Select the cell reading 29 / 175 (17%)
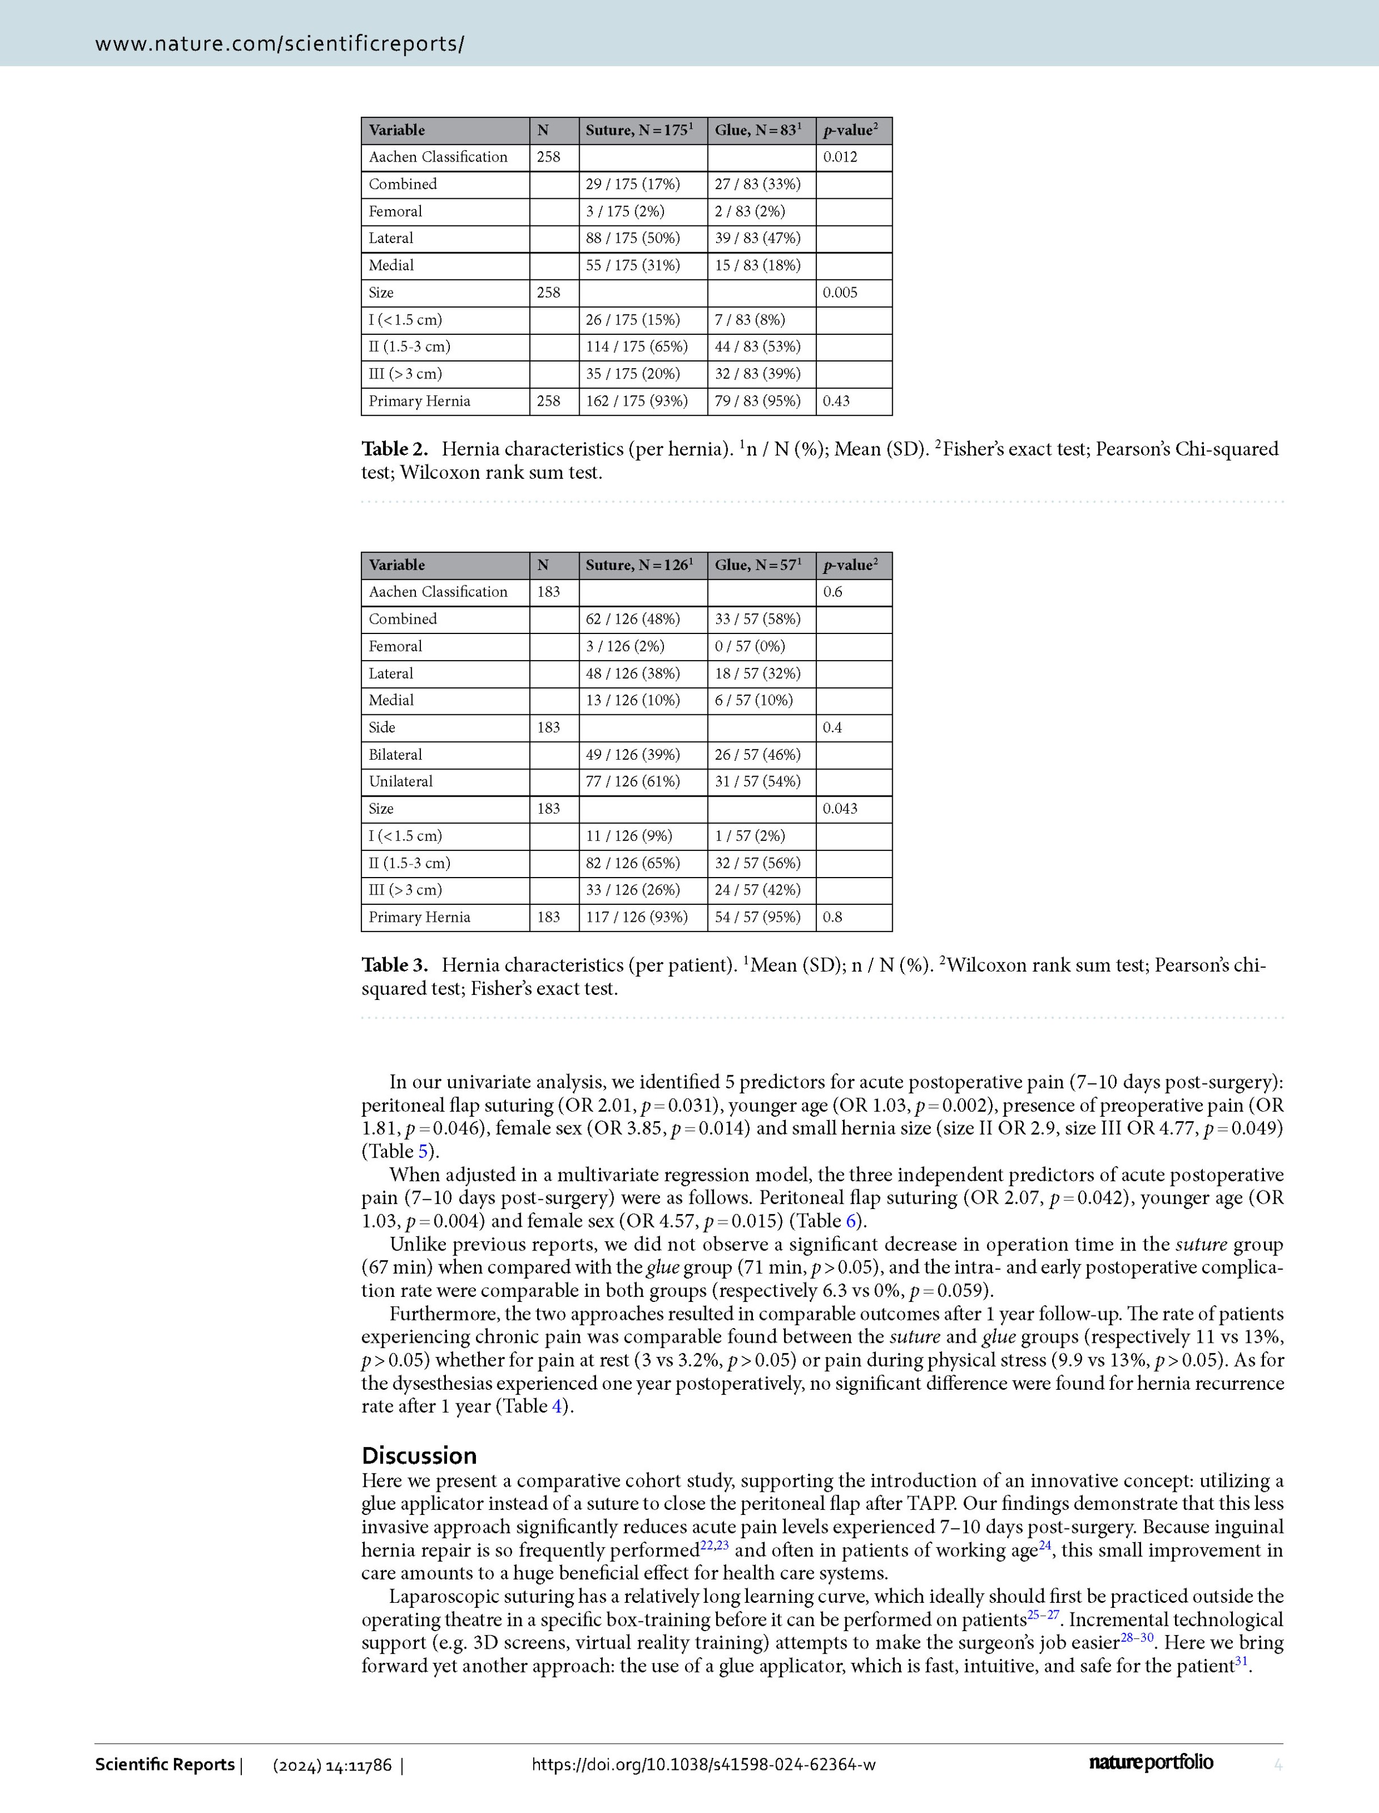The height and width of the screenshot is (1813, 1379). (632, 184)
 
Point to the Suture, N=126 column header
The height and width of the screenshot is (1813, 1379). (639, 565)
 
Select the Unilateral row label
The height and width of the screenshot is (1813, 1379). (401, 781)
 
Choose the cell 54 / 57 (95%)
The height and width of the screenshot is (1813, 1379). (757, 917)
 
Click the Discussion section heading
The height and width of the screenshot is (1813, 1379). (419, 1455)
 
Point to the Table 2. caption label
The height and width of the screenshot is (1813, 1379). (395, 449)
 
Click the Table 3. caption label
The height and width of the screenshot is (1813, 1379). (395, 965)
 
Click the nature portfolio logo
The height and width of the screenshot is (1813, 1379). (1151, 1762)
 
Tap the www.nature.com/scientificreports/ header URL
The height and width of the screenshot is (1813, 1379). (279, 44)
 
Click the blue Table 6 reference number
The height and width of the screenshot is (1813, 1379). (850, 1222)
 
